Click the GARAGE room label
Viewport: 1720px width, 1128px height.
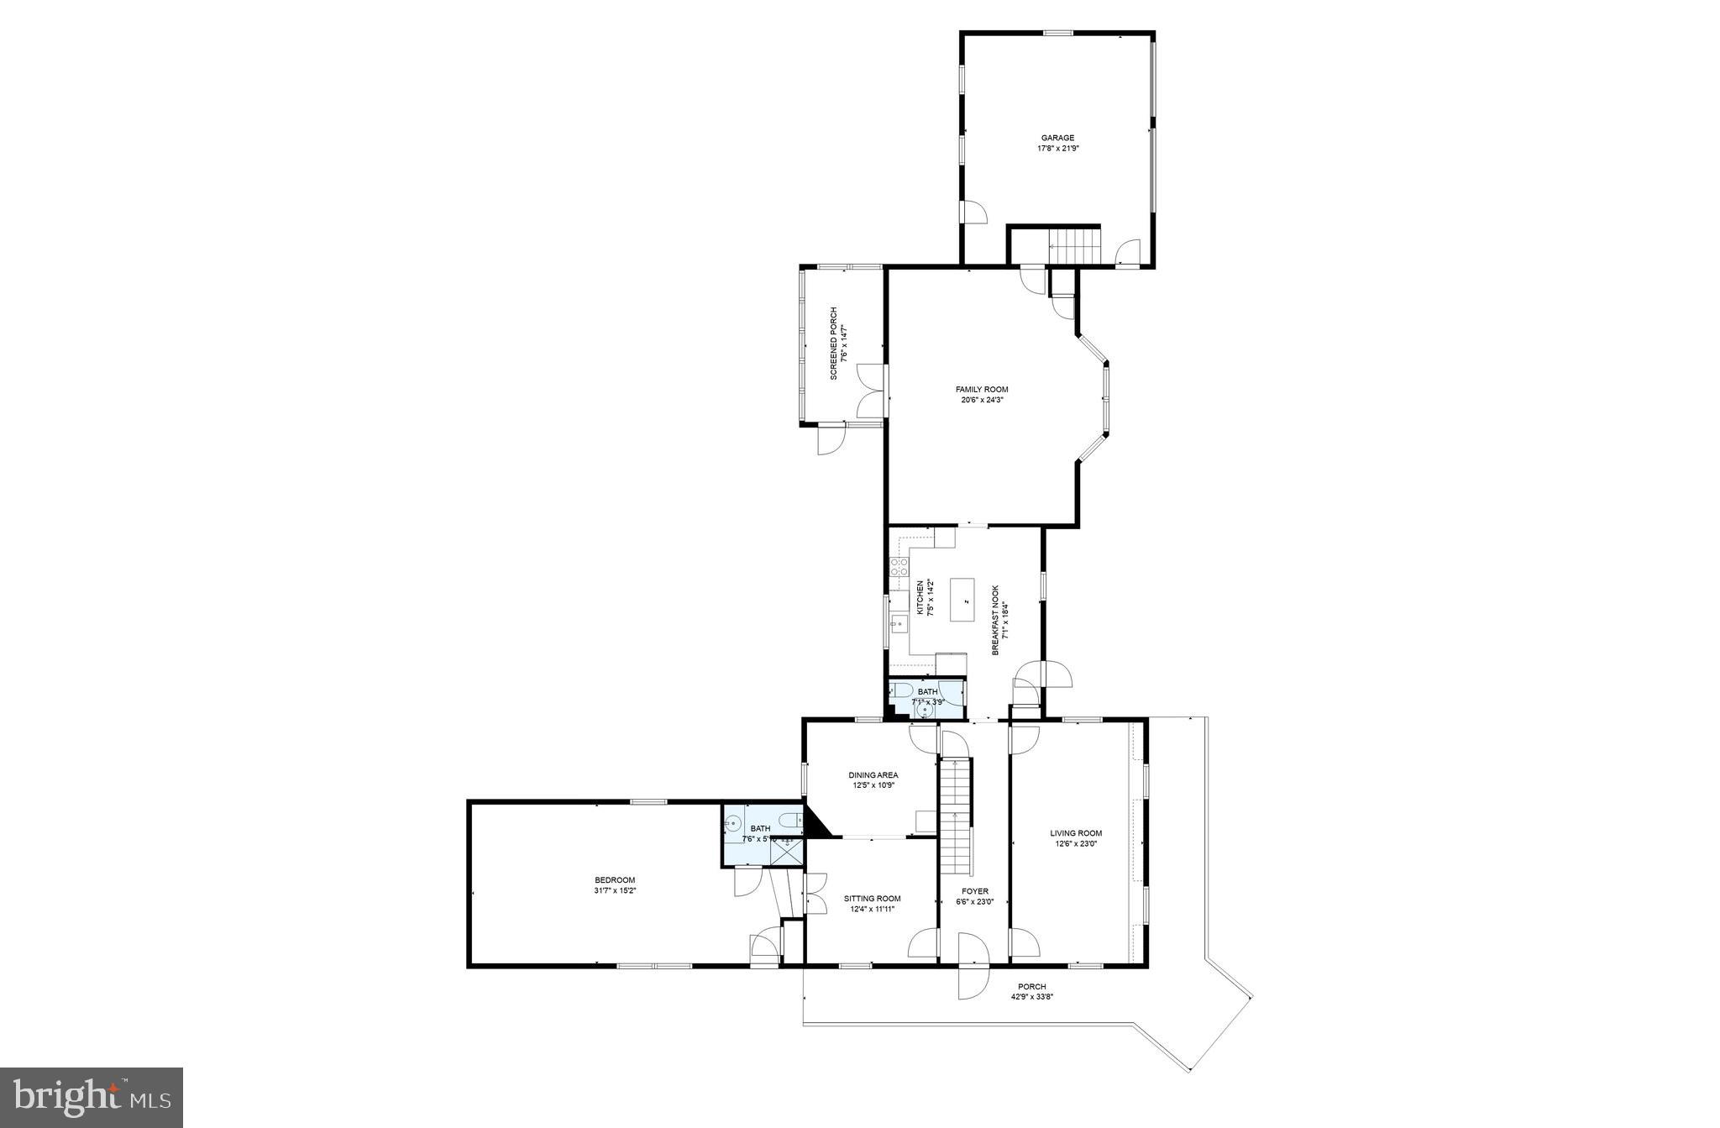point(1057,138)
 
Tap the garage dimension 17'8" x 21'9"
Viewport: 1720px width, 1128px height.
point(1057,149)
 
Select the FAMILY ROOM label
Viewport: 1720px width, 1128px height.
point(981,389)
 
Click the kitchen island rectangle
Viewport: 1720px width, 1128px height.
point(966,599)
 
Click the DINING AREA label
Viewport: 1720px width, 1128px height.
point(873,774)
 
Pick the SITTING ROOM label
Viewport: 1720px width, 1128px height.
point(872,898)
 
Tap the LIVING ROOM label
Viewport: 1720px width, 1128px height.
point(1076,833)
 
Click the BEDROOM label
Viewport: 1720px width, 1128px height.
point(617,879)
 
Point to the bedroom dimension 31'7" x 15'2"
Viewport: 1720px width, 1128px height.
point(617,890)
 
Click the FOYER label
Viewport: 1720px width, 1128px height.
point(974,891)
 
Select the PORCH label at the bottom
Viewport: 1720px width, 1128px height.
point(1031,986)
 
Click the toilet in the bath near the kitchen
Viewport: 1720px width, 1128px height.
point(902,691)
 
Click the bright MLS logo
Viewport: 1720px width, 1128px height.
point(92,1097)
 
